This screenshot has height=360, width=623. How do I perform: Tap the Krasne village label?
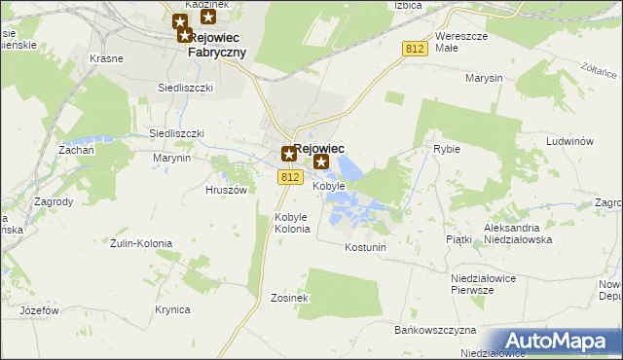click(x=106, y=58)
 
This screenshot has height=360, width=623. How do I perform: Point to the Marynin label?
click(x=171, y=157)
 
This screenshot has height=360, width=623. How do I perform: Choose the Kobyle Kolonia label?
click(x=292, y=223)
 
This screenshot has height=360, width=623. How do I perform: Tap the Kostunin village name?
click(x=366, y=247)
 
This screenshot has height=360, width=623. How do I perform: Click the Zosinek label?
click(x=290, y=298)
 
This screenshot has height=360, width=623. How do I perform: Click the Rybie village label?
click(x=446, y=150)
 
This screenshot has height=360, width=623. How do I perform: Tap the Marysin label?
click(x=483, y=78)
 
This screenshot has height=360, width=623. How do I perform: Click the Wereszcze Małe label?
click(x=459, y=41)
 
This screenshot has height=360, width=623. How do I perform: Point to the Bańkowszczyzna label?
click(x=434, y=331)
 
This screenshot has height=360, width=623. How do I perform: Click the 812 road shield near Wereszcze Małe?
click(x=414, y=48)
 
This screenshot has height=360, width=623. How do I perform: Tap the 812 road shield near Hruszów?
click(x=289, y=177)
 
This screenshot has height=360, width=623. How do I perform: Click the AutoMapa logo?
click(x=560, y=341)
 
